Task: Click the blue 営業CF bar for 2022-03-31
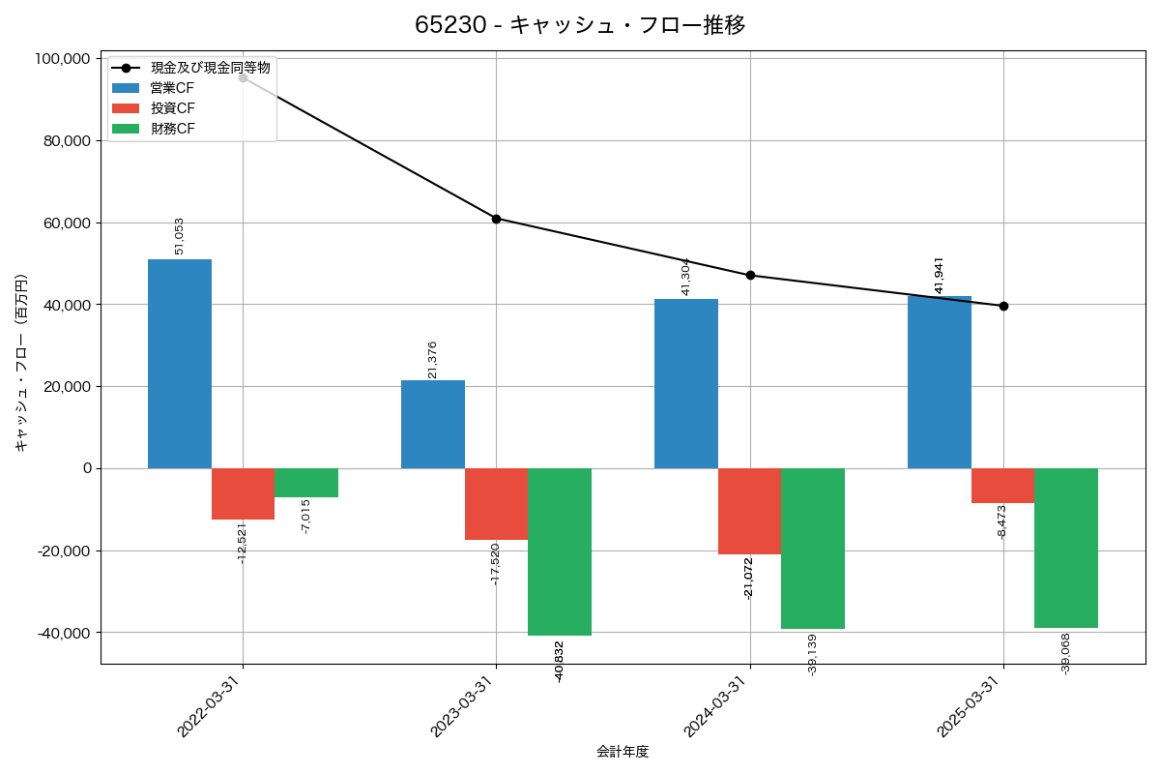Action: tap(180, 364)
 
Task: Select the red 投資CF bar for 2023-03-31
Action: tap(496, 504)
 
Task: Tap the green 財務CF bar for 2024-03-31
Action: tap(813, 549)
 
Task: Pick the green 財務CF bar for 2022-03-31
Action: tap(306, 483)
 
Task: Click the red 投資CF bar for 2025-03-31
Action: tap(1002, 486)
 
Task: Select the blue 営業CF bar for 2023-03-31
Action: tap(433, 425)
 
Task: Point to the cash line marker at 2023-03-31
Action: tap(496, 219)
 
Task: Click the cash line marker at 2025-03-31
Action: tap(1003, 306)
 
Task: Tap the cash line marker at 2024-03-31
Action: tap(750, 276)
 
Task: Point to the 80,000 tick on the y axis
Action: tap(63, 141)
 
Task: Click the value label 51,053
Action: tap(179, 236)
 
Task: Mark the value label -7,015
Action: tap(305, 517)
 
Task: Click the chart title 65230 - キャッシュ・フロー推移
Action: tap(580, 25)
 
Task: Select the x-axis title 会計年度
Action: tap(623, 752)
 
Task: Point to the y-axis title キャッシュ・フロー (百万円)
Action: tap(21, 362)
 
